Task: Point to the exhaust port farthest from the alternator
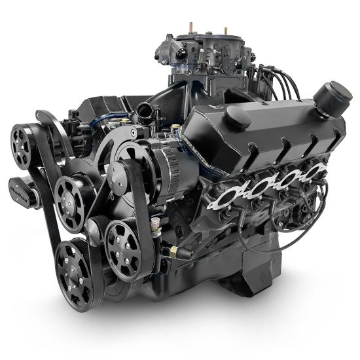tap(317, 171)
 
